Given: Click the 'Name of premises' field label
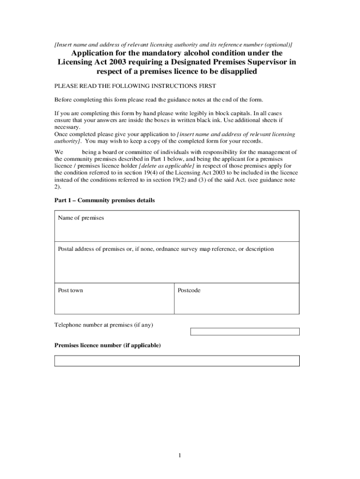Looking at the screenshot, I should point(81,218).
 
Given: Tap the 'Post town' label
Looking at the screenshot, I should point(70,290).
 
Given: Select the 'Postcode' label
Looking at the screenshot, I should point(189,290).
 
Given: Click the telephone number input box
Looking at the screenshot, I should point(245,332).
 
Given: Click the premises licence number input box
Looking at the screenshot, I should point(177,361).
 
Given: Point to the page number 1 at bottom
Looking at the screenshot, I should point(179,456).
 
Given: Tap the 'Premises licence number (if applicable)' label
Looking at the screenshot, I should point(108,345).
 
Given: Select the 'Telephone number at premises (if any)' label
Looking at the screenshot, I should point(104,325).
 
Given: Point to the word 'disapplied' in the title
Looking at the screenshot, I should point(234,72).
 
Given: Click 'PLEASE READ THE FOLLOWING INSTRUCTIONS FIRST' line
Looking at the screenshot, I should point(136,86).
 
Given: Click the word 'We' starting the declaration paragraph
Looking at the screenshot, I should point(59,152).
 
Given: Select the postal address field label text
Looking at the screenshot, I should point(166,249).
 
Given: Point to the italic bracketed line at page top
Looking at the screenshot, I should point(173,44).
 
